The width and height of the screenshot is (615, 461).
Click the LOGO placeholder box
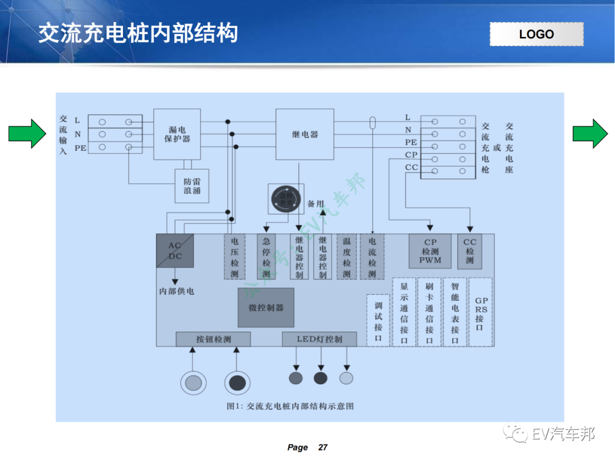536,34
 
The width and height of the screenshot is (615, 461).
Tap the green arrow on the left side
27,134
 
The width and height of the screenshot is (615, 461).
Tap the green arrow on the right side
591,134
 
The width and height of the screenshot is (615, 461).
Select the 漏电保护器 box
177,134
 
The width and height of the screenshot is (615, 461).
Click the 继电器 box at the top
305,134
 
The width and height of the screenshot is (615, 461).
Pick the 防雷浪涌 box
192,186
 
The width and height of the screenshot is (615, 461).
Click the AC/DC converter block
175,251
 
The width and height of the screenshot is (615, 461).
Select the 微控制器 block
266,307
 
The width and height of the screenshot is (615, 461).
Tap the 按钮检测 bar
213,339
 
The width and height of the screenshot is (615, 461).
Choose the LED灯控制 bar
319,339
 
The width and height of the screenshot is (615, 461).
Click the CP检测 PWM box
430,251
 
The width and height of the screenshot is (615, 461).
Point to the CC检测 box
469,251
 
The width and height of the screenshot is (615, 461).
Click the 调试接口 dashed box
378,320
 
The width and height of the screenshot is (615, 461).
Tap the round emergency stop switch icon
286,199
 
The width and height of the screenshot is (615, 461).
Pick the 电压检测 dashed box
234,257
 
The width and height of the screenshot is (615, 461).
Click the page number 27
322,447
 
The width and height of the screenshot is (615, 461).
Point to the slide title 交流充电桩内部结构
138,34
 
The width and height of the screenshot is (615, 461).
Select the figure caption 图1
290,406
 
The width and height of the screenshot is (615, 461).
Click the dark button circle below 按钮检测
237,382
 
